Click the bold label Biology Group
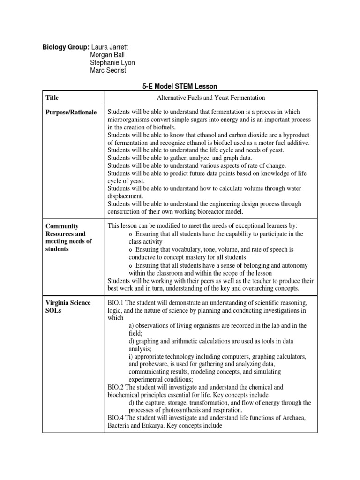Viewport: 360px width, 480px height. point(66,47)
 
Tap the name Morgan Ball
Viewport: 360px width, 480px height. point(107,55)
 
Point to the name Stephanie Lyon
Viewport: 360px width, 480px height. point(112,63)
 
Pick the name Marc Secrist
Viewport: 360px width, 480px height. point(108,70)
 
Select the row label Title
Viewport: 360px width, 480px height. point(52,97)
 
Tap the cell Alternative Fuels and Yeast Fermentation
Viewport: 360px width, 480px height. point(210,97)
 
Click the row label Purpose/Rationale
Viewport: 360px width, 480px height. point(71,112)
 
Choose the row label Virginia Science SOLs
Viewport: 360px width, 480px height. point(67,307)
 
